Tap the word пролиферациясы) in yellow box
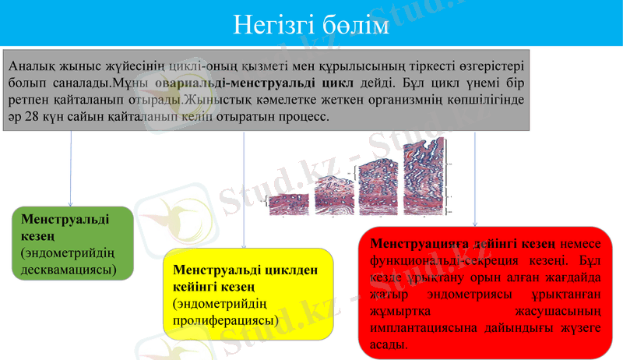coord(226,320)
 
